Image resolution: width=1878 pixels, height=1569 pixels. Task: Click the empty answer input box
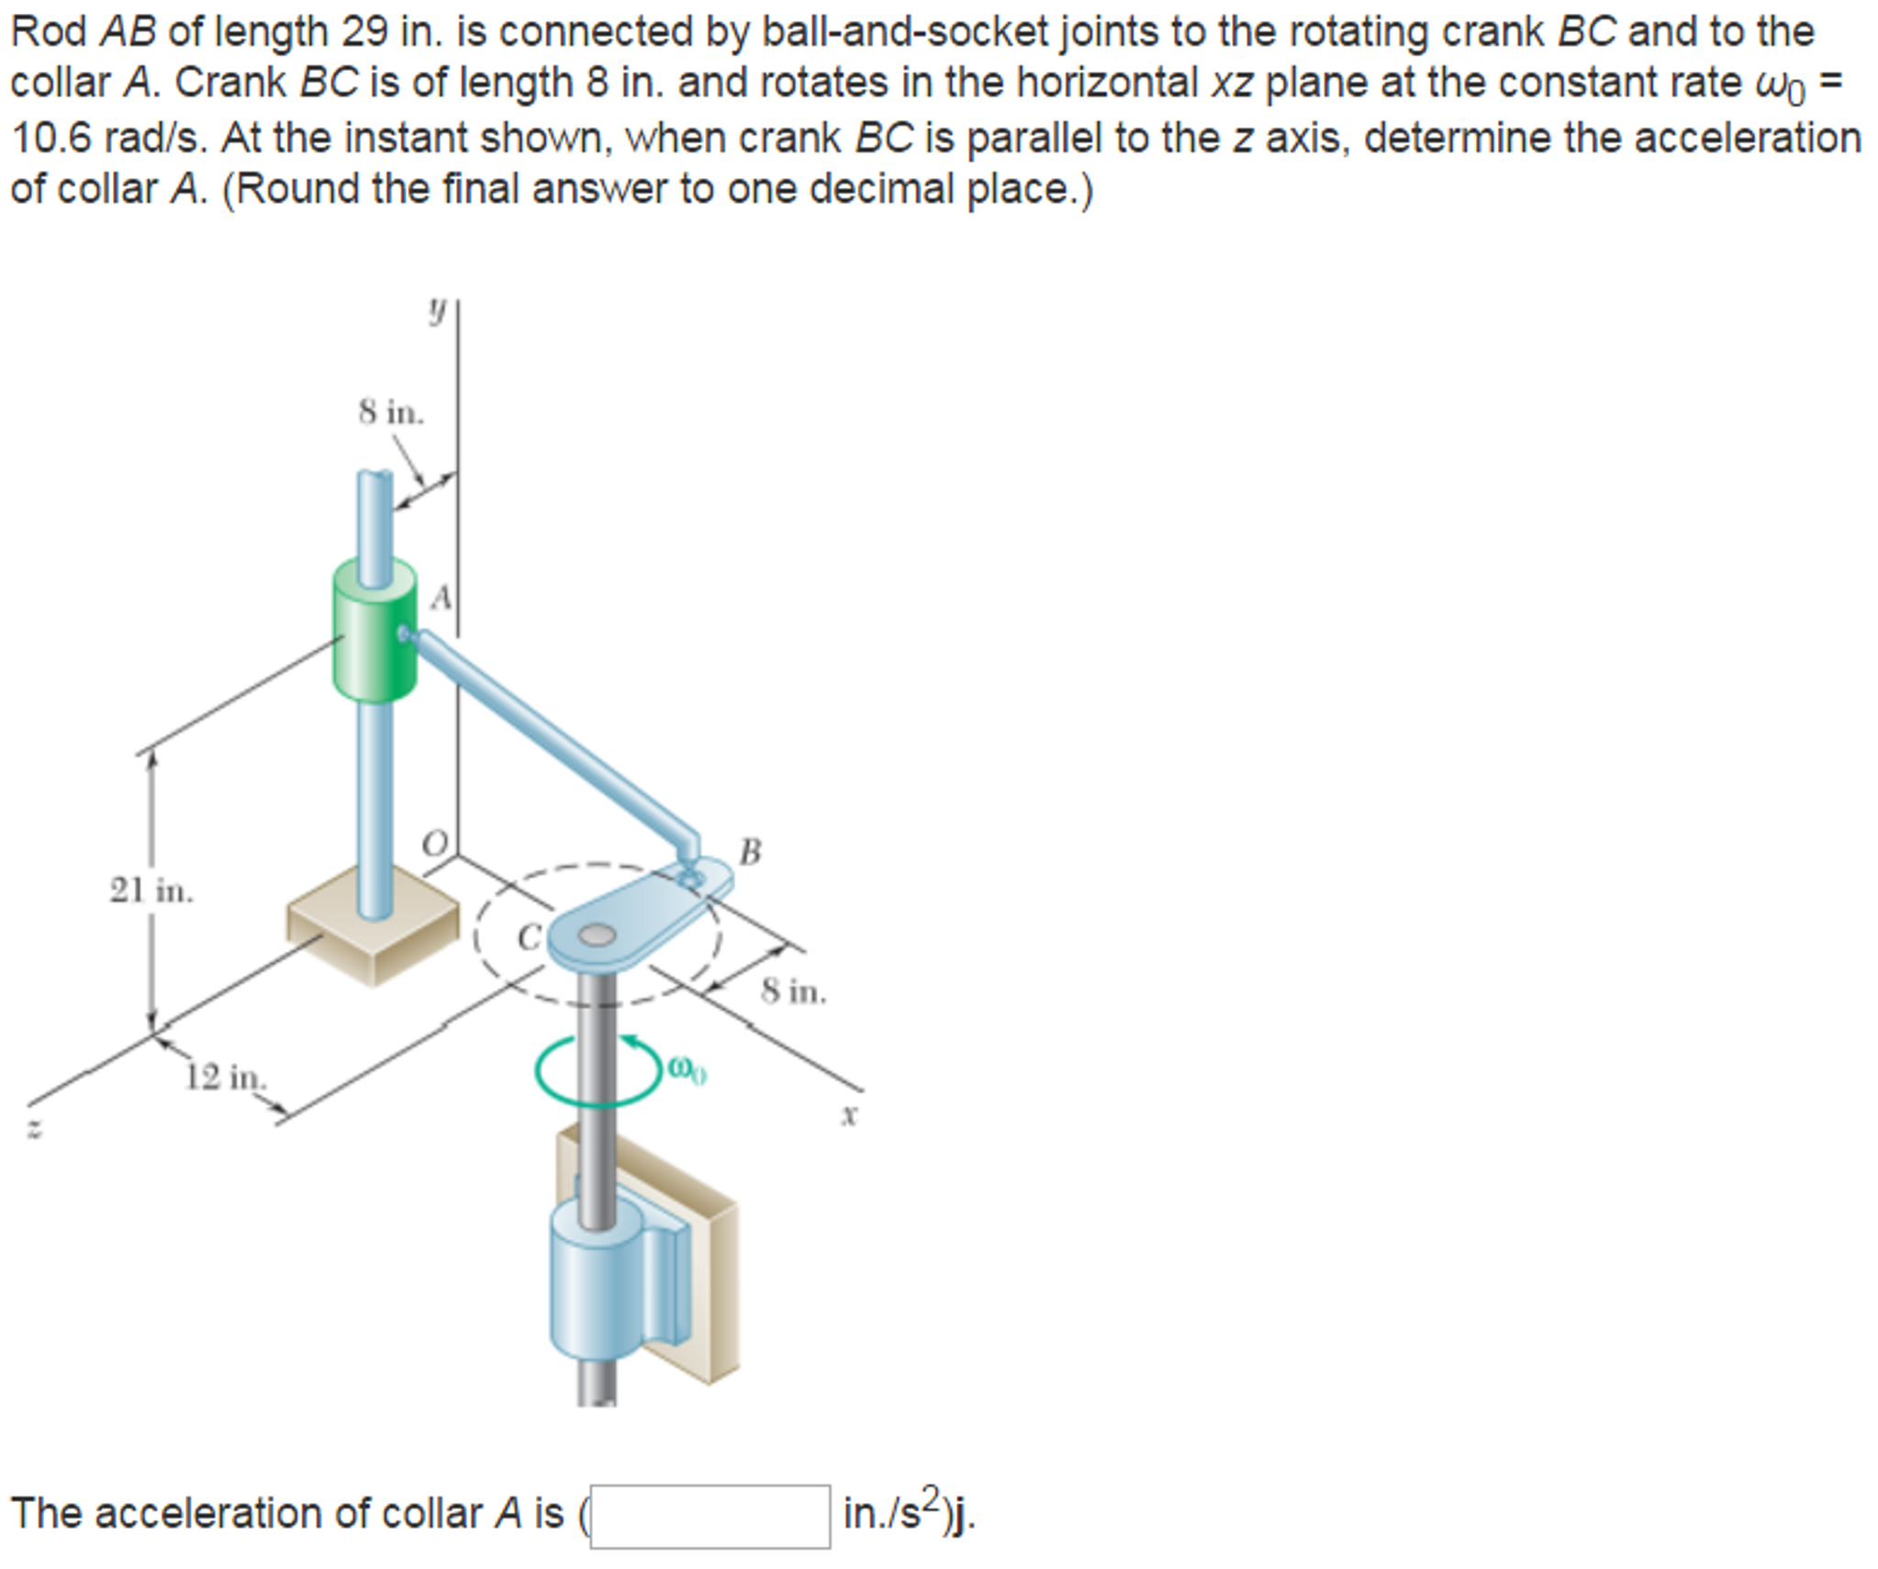(710, 1516)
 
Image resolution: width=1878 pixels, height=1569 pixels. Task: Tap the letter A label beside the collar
(442, 598)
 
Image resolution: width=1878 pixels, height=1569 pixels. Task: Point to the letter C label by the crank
(529, 937)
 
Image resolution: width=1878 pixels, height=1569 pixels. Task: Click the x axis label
(850, 1115)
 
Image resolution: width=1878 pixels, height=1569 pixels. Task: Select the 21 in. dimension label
(151, 891)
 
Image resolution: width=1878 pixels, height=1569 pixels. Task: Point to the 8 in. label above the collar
(391, 412)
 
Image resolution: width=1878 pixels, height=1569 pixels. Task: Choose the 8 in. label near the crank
(793, 992)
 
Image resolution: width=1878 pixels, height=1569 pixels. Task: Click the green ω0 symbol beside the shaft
(687, 1070)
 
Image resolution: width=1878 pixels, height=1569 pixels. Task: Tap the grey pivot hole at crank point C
(597, 936)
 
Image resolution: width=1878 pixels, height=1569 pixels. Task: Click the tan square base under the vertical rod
(372, 932)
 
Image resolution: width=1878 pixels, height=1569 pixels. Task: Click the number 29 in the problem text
(365, 32)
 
